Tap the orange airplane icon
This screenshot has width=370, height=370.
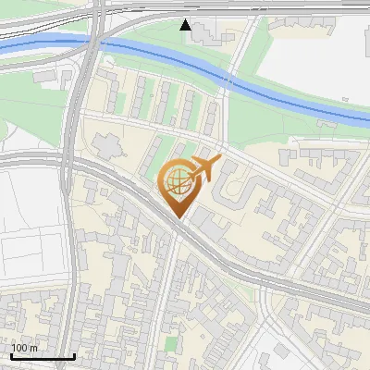click(x=204, y=168)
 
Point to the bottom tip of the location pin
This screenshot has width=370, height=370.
click(x=176, y=217)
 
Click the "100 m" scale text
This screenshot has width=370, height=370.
click(x=24, y=348)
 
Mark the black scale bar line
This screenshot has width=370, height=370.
click(x=43, y=356)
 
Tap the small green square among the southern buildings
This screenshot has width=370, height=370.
click(x=169, y=344)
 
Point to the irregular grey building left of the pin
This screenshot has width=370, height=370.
click(x=105, y=146)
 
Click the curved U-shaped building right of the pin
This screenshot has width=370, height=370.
click(x=236, y=190)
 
